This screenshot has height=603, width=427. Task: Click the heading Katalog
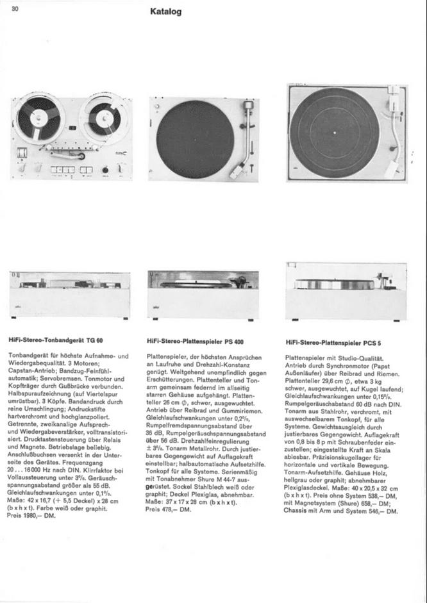(166, 12)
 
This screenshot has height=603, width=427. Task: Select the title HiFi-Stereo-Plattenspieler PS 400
(195, 342)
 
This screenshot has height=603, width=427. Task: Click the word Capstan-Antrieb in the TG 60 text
(31, 368)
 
